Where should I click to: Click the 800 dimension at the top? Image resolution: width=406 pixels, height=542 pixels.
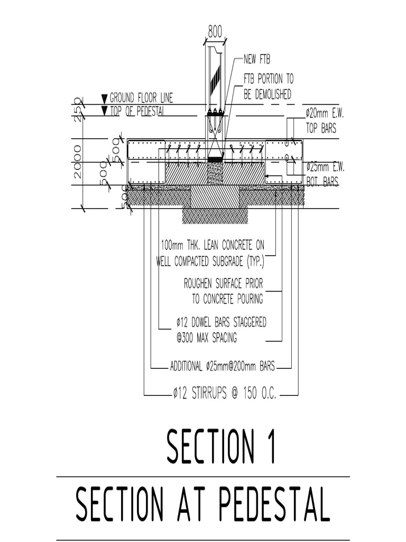[215, 31]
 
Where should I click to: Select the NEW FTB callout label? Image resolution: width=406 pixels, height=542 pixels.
[256, 59]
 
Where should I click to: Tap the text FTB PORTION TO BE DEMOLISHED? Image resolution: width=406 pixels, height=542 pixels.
[268, 87]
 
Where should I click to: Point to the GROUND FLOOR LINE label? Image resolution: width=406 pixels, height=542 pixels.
[141, 98]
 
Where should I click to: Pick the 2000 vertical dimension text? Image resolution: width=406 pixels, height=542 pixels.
[78, 162]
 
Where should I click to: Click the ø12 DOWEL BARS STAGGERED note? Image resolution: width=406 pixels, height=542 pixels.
[221, 322]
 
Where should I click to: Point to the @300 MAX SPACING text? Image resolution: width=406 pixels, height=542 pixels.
[207, 337]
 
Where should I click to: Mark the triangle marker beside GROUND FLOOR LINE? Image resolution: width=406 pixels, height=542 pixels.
[104, 98]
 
